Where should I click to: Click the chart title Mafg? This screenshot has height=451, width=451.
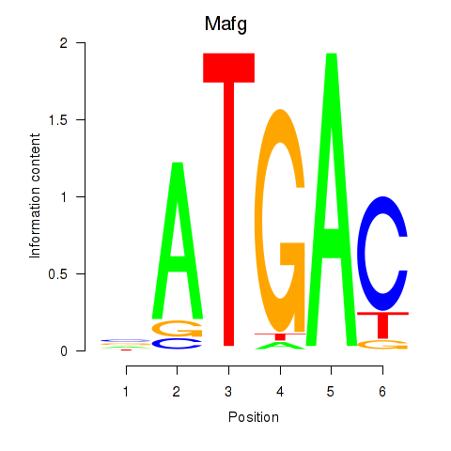coord(225,24)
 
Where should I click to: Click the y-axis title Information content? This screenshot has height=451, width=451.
coord(35,196)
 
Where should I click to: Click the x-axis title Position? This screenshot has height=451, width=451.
coord(254,417)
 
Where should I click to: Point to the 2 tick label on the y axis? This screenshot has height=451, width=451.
coord(64,43)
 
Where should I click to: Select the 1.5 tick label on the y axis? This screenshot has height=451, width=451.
coord(58,120)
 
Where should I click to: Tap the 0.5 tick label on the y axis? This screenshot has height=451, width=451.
coord(58,274)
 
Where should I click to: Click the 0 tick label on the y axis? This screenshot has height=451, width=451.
coord(64,351)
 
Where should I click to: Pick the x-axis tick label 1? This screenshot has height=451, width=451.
coord(126,392)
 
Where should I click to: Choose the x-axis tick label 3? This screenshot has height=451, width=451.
coord(228,392)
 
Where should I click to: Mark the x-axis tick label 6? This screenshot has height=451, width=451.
coord(382,392)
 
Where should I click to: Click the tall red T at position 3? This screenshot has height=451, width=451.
coord(229,199)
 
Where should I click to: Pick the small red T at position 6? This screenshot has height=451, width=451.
coord(382,326)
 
